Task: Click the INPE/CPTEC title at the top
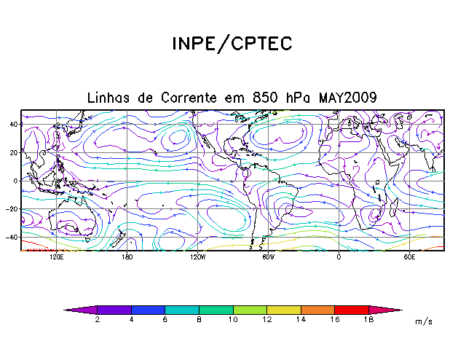[x=232, y=44]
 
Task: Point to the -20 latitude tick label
[x=12, y=208]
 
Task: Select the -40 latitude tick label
[x=12, y=237]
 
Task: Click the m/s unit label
[x=423, y=321]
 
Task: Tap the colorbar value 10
[x=233, y=319]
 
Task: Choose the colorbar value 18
[x=368, y=319]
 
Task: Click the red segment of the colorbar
[x=352, y=310]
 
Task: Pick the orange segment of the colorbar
[x=317, y=310]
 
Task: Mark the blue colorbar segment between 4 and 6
[x=148, y=310]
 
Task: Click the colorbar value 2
[x=98, y=319]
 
